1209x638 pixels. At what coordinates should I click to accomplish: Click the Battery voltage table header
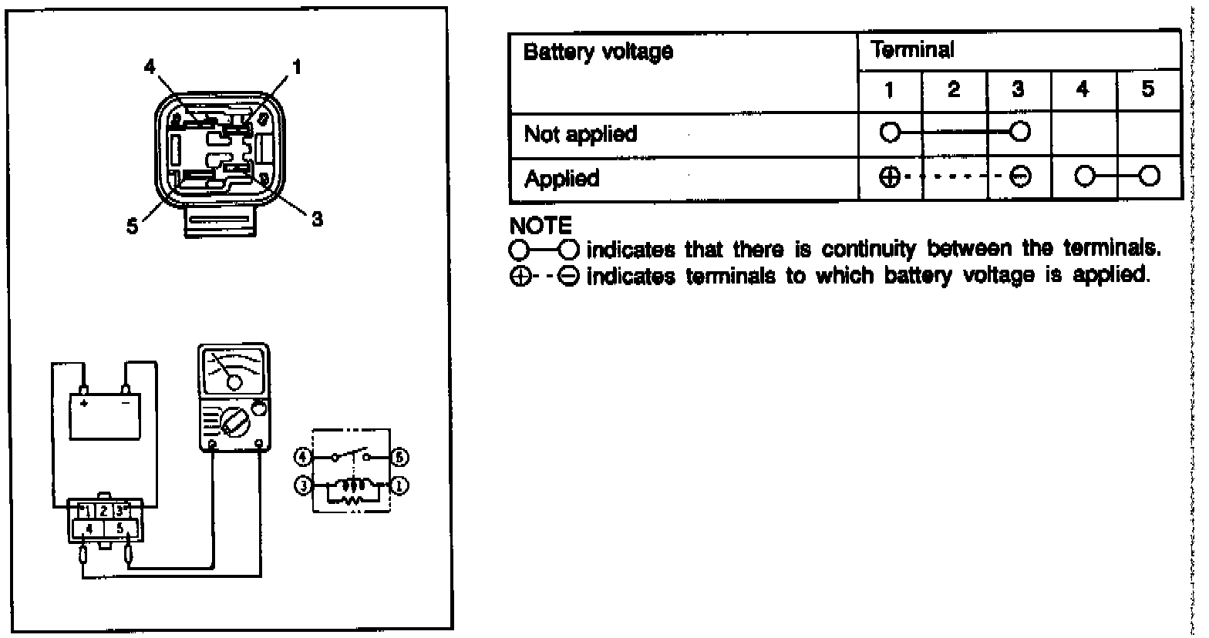click(598, 52)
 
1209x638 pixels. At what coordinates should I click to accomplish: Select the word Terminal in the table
click(912, 50)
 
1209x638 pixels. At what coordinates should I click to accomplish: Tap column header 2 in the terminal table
click(954, 90)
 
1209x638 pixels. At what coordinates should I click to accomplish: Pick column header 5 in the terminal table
click(1148, 90)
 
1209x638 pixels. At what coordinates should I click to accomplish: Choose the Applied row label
click(561, 179)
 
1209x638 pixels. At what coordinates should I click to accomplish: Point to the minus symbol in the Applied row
click(1019, 178)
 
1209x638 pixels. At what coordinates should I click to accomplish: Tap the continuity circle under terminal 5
click(1150, 177)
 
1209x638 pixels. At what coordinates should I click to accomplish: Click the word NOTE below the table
click(541, 226)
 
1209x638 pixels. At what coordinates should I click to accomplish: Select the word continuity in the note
click(871, 250)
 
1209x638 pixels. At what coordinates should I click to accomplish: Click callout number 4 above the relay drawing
click(150, 67)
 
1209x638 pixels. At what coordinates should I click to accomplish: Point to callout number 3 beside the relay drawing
click(316, 219)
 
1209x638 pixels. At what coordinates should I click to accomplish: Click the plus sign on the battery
click(84, 402)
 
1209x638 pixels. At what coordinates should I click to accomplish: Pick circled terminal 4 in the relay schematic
click(302, 457)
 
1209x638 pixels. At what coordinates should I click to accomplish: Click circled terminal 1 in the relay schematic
click(401, 485)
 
